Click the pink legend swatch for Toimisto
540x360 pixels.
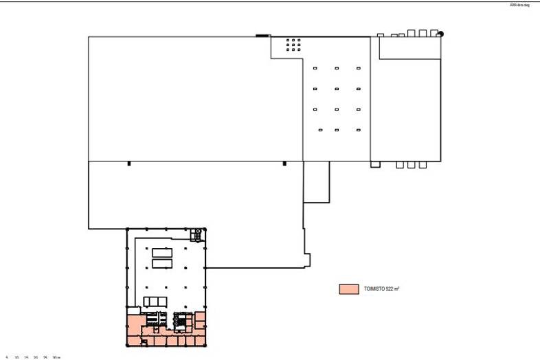[x=349, y=289]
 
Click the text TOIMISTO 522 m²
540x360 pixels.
[x=381, y=289]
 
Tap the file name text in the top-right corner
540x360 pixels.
[x=519, y=5]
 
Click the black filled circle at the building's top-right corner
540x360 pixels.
[x=440, y=34]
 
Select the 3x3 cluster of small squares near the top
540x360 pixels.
[x=293, y=45]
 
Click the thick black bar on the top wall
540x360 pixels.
[x=262, y=35]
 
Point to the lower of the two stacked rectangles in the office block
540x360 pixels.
[x=162, y=263]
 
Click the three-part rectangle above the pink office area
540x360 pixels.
[x=155, y=301]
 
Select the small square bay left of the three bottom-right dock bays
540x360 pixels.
[x=375, y=164]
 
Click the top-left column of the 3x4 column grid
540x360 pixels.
[x=315, y=68]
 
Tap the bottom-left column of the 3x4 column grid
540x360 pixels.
[x=320, y=130]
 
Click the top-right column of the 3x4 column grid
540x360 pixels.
[x=359, y=68]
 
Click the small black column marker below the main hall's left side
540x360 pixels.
[x=128, y=163]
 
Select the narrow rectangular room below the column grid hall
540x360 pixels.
[x=317, y=182]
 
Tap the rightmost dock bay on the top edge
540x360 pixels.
[x=434, y=32]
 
